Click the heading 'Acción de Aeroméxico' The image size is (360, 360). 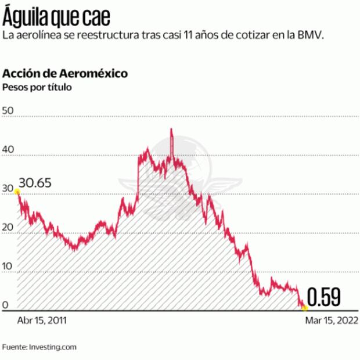pos(66,74)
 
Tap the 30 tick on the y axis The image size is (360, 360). pos(8,188)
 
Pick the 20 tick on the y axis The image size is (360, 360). pos(8,227)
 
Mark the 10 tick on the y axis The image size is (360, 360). pos(8,266)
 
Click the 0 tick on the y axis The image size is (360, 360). pos(6,305)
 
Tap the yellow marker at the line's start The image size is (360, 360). pos(17,192)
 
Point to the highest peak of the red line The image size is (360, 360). pos(171,129)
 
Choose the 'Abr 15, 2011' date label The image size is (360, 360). pos(42,321)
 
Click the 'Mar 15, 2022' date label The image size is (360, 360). pos(332,321)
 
